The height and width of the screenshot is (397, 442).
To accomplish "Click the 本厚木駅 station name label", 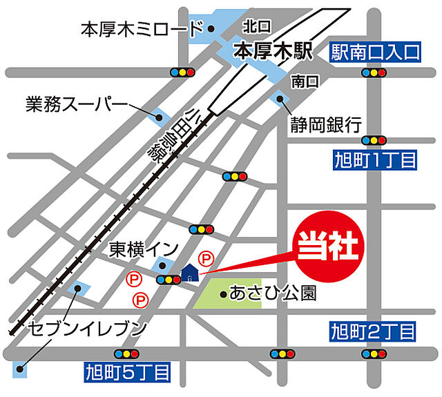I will (x=273, y=50).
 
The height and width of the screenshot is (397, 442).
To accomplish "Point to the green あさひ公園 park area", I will (x=228, y=294).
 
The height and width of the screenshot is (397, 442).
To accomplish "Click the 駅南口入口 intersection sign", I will (x=375, y=51).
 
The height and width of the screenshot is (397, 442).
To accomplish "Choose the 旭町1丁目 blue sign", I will (x=374, y=162).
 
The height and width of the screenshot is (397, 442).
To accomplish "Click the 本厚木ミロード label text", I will (x=142, y=29).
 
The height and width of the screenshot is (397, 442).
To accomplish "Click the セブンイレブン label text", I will (x=88, y=328).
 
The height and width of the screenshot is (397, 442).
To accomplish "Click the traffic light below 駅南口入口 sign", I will (x=374, y=72).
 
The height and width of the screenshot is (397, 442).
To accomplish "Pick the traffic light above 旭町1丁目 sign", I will (x=374, y=139).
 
